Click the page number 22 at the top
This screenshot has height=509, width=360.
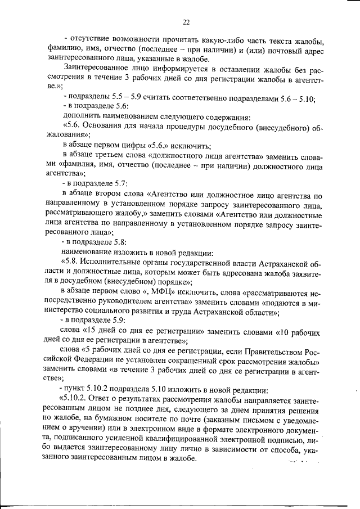[186, 22]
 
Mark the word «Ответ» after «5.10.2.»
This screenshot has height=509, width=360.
[103, 400]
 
